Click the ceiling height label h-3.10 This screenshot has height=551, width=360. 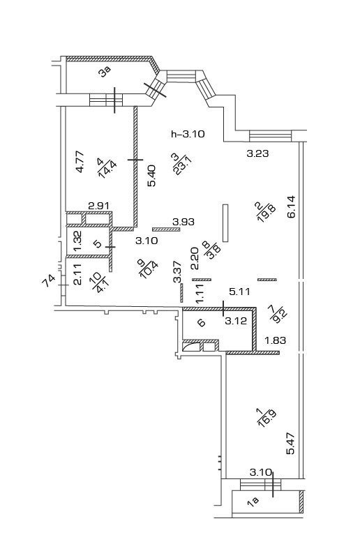[x=188, y=134]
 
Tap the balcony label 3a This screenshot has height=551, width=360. [x=105, y=72]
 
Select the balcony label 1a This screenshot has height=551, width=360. [x=253, y=501]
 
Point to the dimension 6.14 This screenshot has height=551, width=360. [x=292, y=206]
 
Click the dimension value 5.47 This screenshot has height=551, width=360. [x=290, y=443]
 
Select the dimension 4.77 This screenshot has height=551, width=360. [x=80, y=161]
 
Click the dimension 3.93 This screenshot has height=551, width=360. [x=183, y=222]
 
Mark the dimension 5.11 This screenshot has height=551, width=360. [x=239, y=292]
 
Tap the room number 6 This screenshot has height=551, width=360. [x=201, y=323]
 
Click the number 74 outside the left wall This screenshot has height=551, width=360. [x=49, y=281]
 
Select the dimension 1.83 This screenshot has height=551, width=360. [x=276, y=340]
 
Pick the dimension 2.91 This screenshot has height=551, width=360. [x=99, y=206]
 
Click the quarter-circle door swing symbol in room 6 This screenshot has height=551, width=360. [x=190, y=347]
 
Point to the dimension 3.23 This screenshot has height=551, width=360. [x=257, y=153]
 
